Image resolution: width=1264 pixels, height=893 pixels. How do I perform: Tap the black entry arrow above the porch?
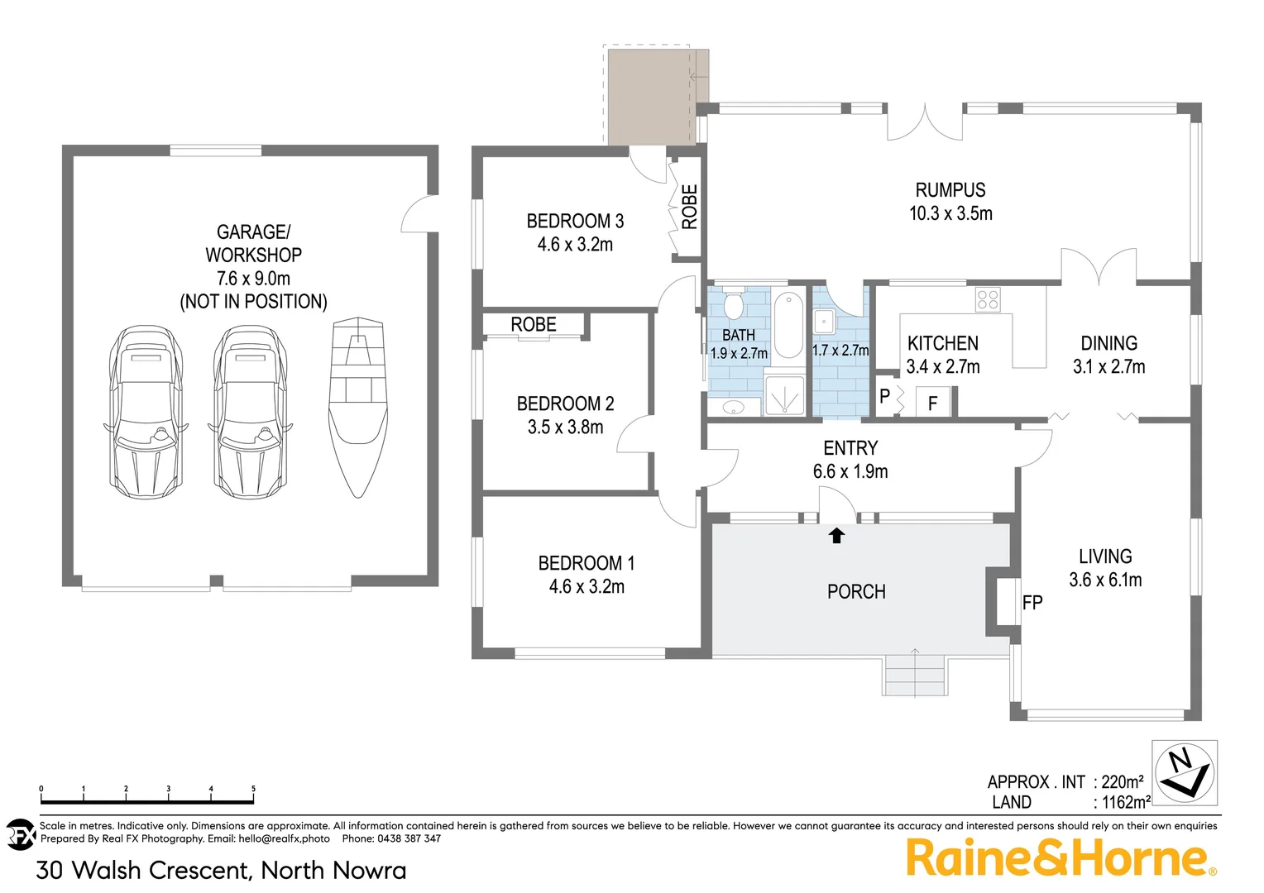point(836,536)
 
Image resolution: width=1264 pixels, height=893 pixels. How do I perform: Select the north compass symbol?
point(1185,772)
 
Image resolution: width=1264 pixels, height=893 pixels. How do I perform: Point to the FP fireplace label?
point(1032,603)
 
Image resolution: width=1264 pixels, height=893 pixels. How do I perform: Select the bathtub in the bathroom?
point(788,324)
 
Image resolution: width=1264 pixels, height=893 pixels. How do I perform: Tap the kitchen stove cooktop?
point(988,299)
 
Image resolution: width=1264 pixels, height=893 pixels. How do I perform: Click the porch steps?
point(914,675)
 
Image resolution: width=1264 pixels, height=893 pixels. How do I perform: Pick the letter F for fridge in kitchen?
point(932,404)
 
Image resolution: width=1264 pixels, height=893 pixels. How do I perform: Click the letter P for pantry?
point(884,396)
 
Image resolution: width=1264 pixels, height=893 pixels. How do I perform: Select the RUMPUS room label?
point(950,190)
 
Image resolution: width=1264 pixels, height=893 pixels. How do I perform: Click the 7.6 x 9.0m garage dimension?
point(253,279)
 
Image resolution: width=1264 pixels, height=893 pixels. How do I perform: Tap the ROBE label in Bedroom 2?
point(534,325)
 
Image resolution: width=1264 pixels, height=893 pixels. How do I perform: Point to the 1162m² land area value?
point(1126,802)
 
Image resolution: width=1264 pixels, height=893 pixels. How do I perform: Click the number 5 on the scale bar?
point(253,789)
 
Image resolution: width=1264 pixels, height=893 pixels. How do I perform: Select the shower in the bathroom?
point(783,396)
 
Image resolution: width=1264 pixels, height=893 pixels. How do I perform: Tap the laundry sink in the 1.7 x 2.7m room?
point(824,320)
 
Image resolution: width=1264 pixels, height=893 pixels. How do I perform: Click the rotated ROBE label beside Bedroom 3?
point(689,207)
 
